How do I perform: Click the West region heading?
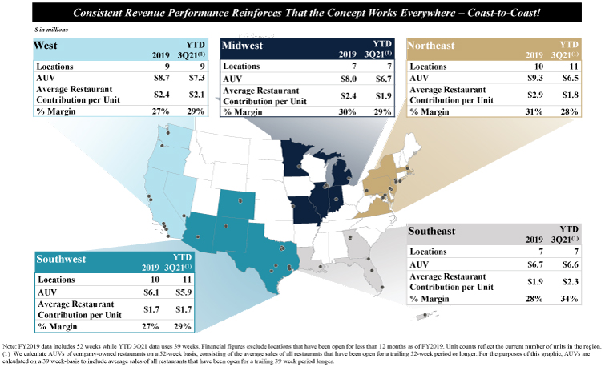pyautogui.click(x=46, y=46)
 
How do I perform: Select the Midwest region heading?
pyautogui.click(x=242, y=46)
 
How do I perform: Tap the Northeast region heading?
pyautogui.click(x=431, y=46)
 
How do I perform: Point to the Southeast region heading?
pyautogui.click(x=431, y=231)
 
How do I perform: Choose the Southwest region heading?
pyautogui.click(x=61, y=259)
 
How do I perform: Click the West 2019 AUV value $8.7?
pyautogui.click(x=162, y=77)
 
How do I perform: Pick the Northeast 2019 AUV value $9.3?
pyautogui.click(x=535, y=78)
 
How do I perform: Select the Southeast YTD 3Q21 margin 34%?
pyautogui.click(x=569, y=299)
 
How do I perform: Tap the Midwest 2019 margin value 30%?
pyautogui.click(x=347, y=112)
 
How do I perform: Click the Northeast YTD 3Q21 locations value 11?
pyautogui.click(x=574, y=67)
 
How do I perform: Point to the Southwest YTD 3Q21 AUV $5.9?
pyautogui.click(x=184, y=292)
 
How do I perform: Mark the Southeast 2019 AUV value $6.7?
pyautogui.click(x=535, y=264)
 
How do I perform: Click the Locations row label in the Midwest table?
pyautogui.click(x=241, y=67)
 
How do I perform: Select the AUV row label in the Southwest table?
pyautogui.click(x=47, y=292)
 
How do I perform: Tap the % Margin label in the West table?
pyautogui.click(x=55, y=111)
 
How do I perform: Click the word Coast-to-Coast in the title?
pyautogui.click(x=504, y=13)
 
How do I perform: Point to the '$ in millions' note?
pyautogui.click(x=50, y=30)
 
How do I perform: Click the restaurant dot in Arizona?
pyautogui.click(x=198, y=236)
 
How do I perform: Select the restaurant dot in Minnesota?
pyautogui.click(x=299, y=166)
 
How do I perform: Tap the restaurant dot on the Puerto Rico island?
pyautogui.click(x=425, y=315)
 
